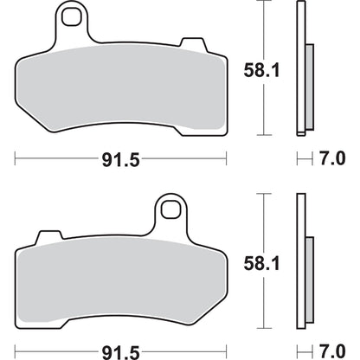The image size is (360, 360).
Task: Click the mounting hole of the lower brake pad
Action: pyautogui.click(x=170, y=209)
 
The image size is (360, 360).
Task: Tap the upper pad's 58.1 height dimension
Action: pyautogui.click(x=261, y=70)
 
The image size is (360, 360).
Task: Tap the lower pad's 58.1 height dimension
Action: pyautogui.click(x=261, y=263)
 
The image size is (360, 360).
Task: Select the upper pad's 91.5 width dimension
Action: pyautogui.click(x=121, y=159)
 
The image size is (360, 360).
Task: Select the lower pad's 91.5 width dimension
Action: pyautogui.click(x=121, y=352)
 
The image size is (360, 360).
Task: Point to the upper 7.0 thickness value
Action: pyautogui.click(x=332, y=158)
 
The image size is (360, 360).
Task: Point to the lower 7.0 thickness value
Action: pyautogui.click(x=332, y=351)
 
